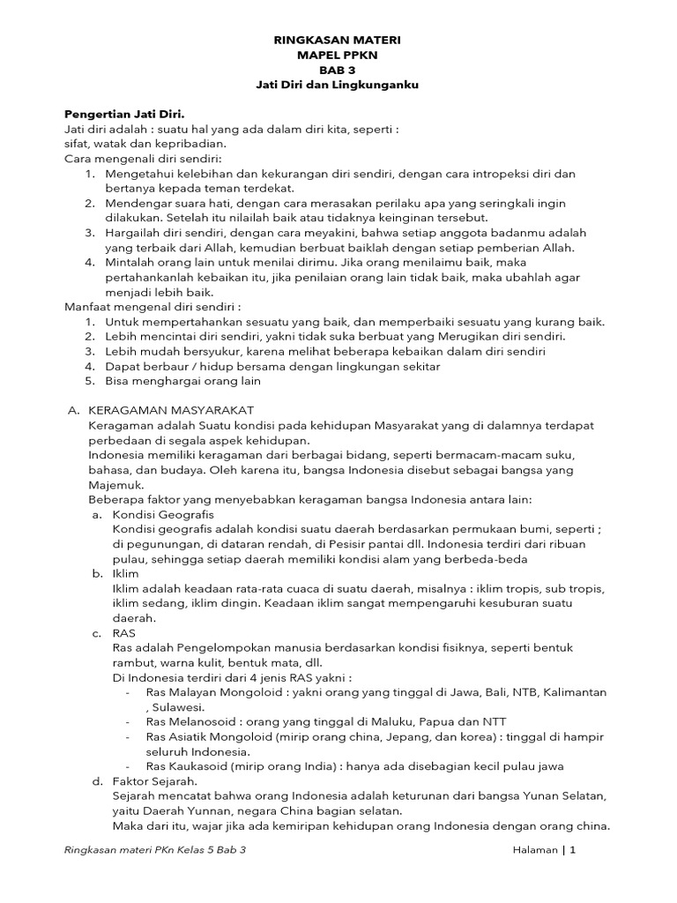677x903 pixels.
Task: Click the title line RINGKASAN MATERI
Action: pos(338,41)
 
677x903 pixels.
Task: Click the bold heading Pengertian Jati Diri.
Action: pos(124,114)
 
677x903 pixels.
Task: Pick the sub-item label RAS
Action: pos(124,632)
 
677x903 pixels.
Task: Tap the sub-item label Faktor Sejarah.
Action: pos(155,781)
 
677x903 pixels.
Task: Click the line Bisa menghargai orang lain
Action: pos(182,381)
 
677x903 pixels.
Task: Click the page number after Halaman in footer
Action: pos(572,850)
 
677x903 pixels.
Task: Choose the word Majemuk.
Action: pos(115,484)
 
